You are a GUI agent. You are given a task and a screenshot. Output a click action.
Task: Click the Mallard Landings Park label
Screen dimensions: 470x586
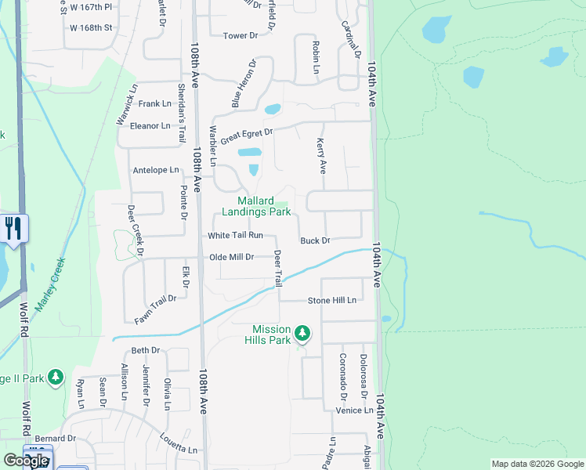254,206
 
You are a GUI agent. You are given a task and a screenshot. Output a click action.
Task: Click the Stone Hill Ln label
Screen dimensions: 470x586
331,300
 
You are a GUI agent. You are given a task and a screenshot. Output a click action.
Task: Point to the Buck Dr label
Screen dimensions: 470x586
315,240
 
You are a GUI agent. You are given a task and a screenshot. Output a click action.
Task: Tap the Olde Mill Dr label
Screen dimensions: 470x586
231,257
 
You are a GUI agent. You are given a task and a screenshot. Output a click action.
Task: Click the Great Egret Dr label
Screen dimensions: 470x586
246,136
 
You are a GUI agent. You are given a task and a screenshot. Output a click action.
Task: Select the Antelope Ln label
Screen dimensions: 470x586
156,170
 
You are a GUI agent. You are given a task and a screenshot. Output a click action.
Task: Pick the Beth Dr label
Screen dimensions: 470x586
145,350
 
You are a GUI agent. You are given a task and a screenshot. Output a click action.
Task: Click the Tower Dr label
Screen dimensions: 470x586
241,36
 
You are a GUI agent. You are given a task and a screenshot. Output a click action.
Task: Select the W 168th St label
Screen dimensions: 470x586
92,27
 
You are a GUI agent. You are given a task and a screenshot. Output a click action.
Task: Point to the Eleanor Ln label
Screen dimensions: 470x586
150,125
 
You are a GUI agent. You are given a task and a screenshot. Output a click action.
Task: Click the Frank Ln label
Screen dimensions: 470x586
154,103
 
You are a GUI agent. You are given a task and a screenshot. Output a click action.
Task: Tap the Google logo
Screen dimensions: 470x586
25,461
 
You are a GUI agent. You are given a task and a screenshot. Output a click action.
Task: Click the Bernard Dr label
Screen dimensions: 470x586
55,439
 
